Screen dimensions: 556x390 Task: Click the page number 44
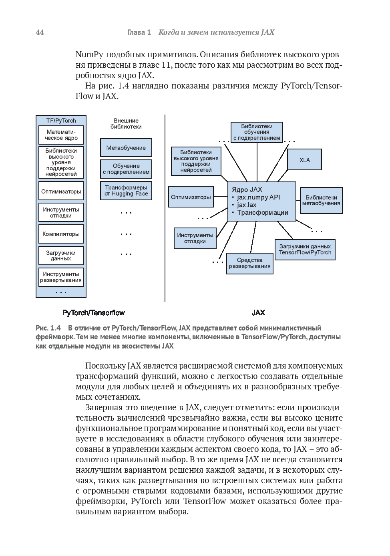(40, 32)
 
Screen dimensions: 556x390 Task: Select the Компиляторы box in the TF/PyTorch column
(61, 234)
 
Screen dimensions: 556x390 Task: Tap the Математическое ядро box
(61, 135)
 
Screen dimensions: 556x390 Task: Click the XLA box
(305, 160)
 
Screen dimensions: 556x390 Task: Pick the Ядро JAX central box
(262, 201)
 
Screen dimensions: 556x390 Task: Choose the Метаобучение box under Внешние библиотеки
(126, 148)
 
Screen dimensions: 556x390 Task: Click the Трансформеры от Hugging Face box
(126, 191)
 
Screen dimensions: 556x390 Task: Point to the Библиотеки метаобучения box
(321, 200)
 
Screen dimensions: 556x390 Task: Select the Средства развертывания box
(250, 263)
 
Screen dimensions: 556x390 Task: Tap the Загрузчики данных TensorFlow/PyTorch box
(305, 250)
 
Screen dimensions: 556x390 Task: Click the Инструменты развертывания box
(61, 277)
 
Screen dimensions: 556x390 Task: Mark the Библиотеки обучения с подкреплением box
(257, 132)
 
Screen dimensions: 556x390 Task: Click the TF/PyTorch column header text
(61, 121)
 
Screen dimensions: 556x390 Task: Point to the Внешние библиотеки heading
(126, 123)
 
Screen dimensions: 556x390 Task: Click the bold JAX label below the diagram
(258, 313)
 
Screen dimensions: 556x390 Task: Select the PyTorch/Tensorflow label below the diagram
(94, 313)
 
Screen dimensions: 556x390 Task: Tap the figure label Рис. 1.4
(48, 328)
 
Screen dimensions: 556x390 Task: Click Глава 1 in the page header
(139, 32)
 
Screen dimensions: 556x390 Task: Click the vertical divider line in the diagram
(165, 208)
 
